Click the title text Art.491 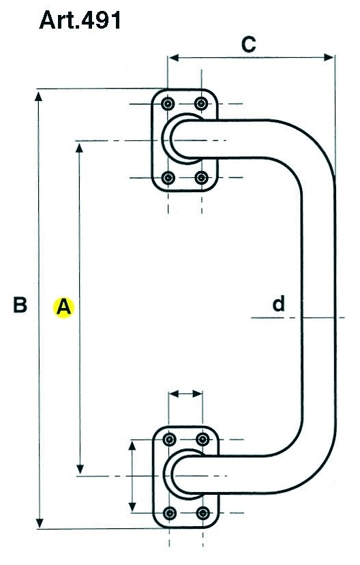pos(80,20)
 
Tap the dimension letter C pos(249,44)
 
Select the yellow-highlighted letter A pos(64,307)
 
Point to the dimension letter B pos(20,305)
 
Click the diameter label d pos(279,304)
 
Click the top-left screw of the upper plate pos(168,104)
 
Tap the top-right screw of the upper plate pos(201,104)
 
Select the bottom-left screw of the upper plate pos(168,177)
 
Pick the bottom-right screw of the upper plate pos(201,177)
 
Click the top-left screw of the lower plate pos(169,439)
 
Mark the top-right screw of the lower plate pos(202,439)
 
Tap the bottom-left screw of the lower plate pos(170,513)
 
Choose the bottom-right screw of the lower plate pos(203,513)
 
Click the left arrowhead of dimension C pos(173,57)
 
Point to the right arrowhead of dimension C pos(329,57)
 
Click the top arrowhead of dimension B pos(39,96)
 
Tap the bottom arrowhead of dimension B pos(40,523)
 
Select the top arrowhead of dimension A pos(79,147)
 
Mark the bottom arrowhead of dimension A pos(80,469)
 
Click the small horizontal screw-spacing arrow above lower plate pos(185,394)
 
